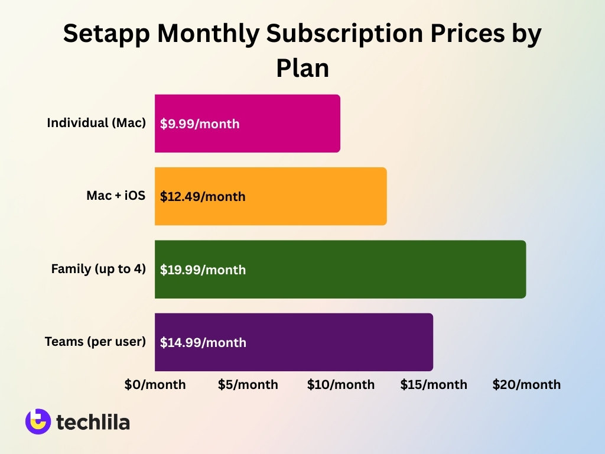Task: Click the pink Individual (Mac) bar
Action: pyautogui.click(x=284, y=124)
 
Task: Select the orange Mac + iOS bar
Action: pyautogui.click(x=319, y=196)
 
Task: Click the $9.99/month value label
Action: pyautogui.click(x=200, y=124)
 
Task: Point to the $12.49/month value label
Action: pyautogui.click(x=203, y=197)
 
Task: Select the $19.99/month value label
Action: pyautogui.click(x=203, y=270)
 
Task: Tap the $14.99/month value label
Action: pyautogui.click(x=203, y=343)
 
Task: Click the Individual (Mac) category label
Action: pyautogui.click(x=96, y=124)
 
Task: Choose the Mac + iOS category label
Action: pyautogui.click(x=116, y=196)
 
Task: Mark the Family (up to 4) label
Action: pyautogui.click(x=98, y=269)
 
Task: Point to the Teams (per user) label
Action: pyautogui.click(x=95, y=342)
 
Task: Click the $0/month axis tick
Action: pyautogui.click(x=155, y=385)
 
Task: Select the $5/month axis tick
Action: pyautogui.click(x=248, y=385)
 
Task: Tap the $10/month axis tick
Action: pyautogui.click(x=341, y=385)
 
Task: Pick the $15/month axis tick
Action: pyautogui.click(x=434, y=385)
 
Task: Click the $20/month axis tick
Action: pyautogui.click(x=526, y=385)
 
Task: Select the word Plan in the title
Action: pyautogui.click(x=302, y=68)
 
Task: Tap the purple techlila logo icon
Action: pyautogui.click(x=38, y=421)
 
